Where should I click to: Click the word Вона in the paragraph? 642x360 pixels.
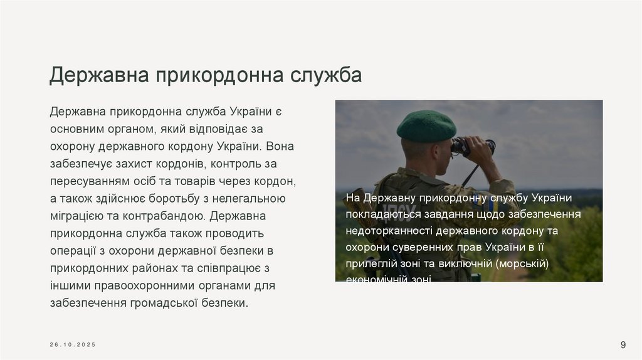[280, 147]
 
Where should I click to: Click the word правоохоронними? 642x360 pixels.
[144, 286]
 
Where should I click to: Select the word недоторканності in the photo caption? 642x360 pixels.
[388, 231]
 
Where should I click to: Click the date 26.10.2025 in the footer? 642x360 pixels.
[73, 345]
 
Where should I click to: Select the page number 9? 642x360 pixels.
[623, 344]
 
